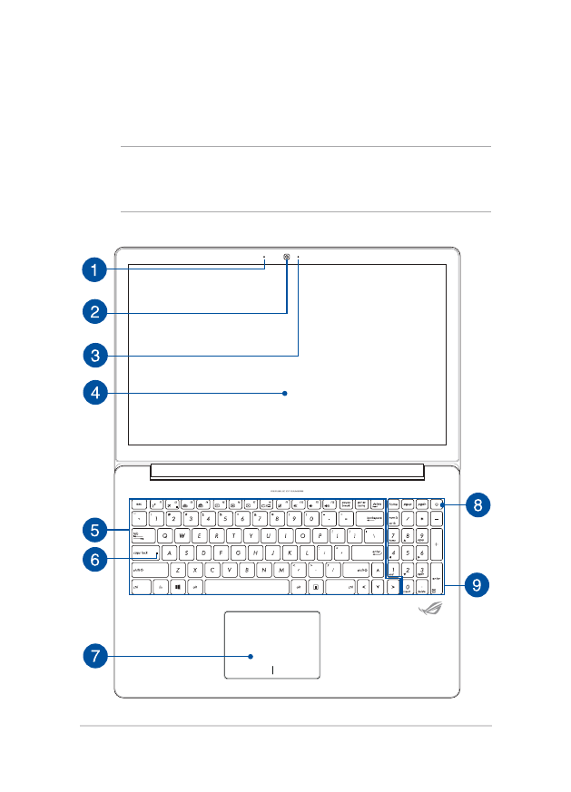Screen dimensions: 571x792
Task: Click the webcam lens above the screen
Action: tap(288, 257)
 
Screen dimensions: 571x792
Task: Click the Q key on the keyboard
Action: tap(165, 535)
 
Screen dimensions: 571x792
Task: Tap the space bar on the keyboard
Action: tap(246, 587)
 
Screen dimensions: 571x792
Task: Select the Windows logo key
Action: tap(179, 587)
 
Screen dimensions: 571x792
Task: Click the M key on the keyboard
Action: tap(282, 570)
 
